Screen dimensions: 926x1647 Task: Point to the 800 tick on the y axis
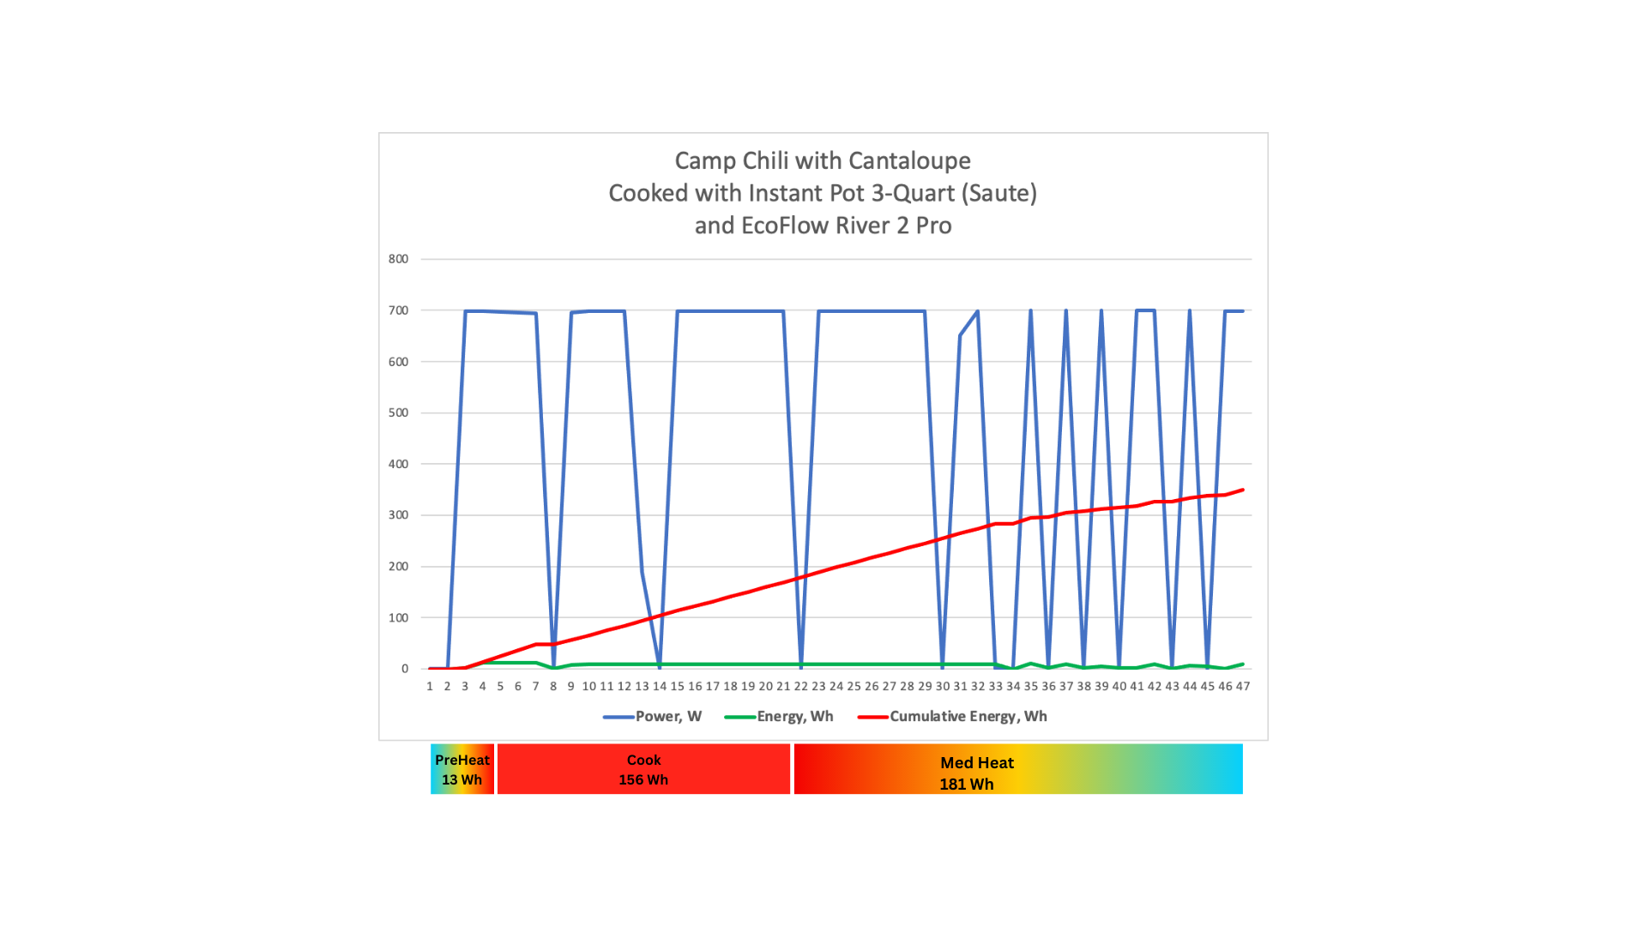pos(398,259)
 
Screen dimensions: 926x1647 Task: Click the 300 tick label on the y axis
pos(398,515)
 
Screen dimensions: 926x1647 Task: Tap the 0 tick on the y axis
pos(405,669)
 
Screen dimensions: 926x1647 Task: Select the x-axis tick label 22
pos(800,687)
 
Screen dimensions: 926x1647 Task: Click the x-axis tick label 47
pos(1242,687)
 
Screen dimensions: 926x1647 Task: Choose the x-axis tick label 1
pos(430,687)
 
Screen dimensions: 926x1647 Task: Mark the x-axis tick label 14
pos(659,687)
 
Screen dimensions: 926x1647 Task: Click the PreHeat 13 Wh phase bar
pos(462,769)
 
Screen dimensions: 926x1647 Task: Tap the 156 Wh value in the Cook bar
pos(643,780)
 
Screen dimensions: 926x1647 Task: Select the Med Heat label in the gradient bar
pos(977,763)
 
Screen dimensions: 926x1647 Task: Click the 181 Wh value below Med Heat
pos(967,785)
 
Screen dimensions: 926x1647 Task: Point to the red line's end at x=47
pos(1242,490)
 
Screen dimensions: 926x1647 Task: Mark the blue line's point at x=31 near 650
pos(960,336)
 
